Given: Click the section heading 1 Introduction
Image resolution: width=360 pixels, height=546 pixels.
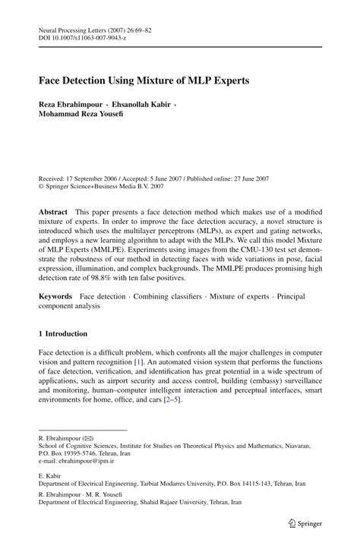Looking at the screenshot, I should click(x=62, y=333).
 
